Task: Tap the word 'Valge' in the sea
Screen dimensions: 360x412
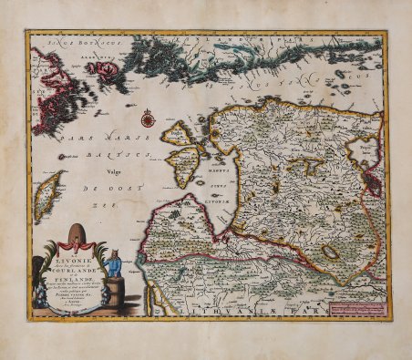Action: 115,168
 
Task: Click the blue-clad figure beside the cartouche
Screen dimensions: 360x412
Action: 115,264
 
